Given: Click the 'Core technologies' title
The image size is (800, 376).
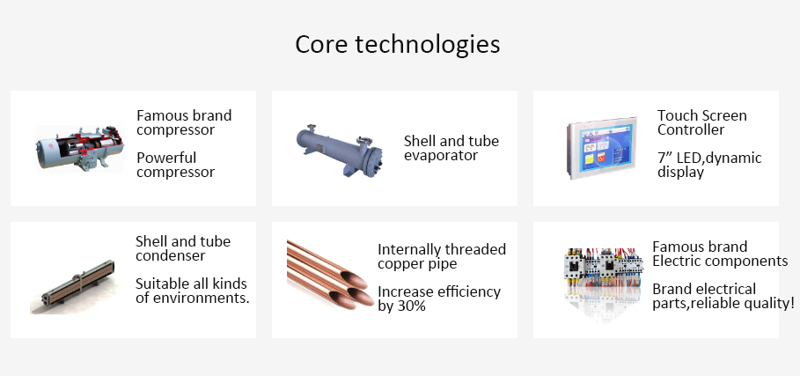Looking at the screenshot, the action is point(398,44).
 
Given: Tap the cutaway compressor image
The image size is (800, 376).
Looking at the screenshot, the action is point(79,148).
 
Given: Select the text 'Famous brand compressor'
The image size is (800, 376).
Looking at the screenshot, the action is point(184,122).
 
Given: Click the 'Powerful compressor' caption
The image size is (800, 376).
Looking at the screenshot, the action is point(175,165).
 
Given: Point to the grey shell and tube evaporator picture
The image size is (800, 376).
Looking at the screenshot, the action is point(340,151).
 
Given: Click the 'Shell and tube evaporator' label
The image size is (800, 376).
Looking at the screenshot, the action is point(451,148).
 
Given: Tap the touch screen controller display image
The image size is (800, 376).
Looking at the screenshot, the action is point(602,148).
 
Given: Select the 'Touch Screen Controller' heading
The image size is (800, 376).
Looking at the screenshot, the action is point(702,122).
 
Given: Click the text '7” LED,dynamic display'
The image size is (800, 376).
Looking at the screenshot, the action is point(709,165).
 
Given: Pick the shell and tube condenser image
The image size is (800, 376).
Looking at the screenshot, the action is point(73,287).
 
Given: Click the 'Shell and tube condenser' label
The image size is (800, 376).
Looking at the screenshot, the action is point(183,248).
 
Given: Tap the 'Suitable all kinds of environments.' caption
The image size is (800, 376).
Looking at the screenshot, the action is point(193,291).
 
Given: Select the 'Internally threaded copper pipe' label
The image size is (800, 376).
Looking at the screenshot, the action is point(442,256).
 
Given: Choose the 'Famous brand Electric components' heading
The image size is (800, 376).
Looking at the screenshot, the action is point(720,254).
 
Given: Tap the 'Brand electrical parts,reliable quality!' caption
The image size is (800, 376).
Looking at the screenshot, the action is point(723,297).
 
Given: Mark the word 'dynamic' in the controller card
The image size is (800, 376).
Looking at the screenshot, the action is point(734,159).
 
